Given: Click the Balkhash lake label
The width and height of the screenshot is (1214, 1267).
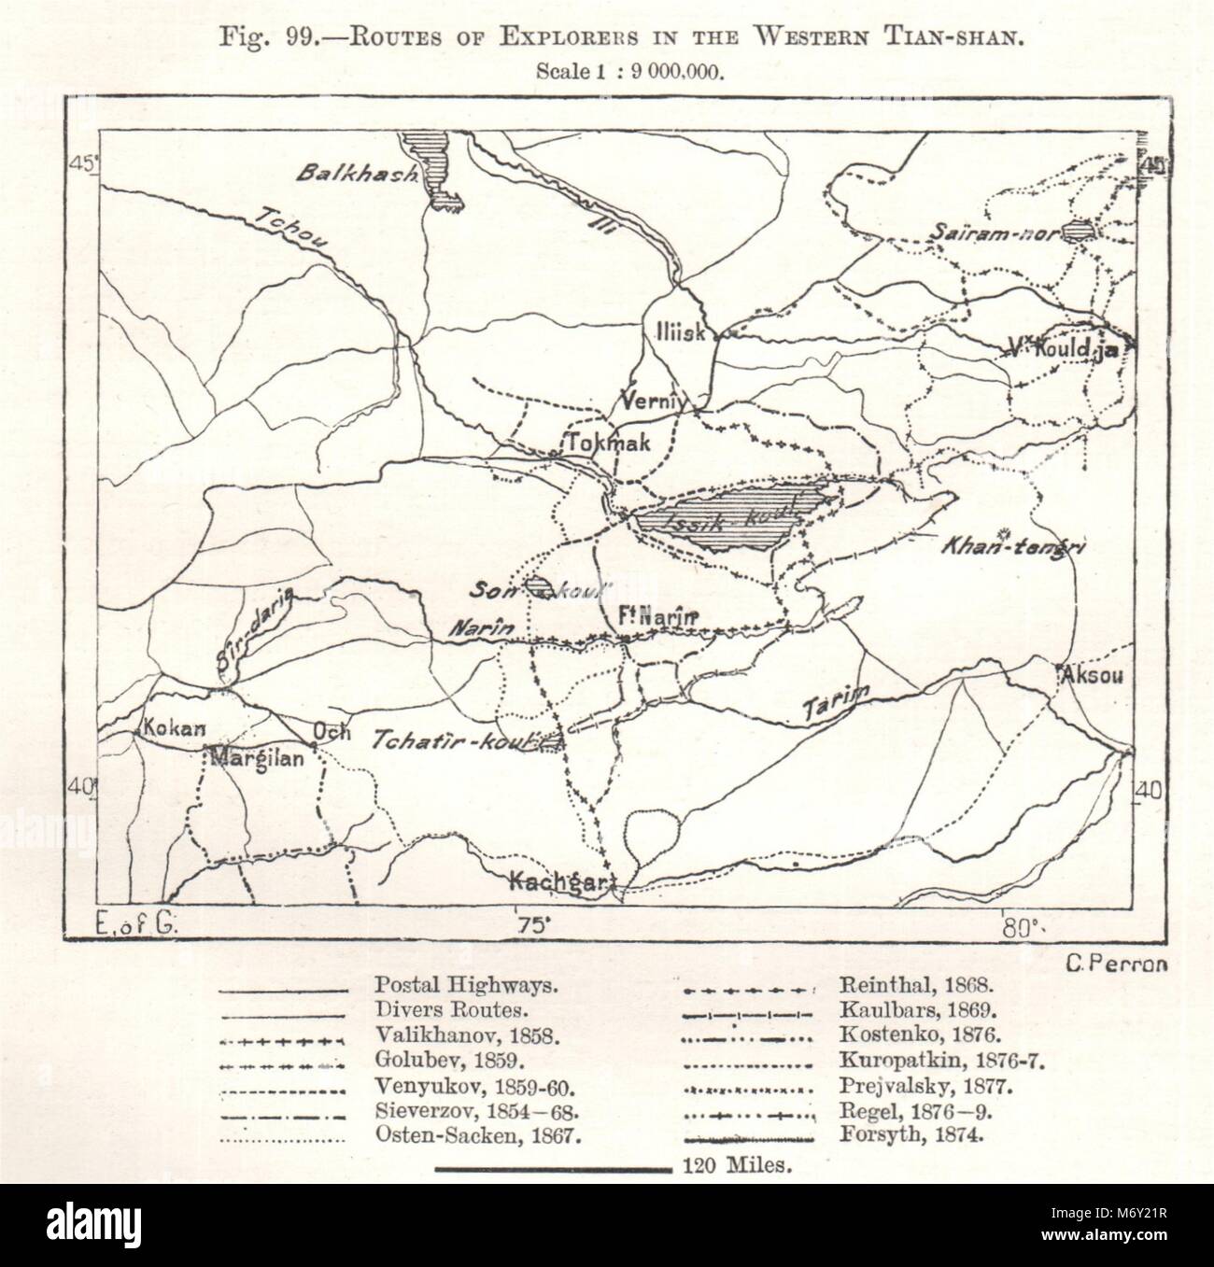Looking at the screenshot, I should click(357, 175).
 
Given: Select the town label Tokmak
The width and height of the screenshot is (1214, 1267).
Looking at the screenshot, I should click(605, 443).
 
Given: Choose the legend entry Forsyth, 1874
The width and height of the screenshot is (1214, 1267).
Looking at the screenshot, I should click(900, 1137).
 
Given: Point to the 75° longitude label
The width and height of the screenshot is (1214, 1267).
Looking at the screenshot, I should click(530, 925).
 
